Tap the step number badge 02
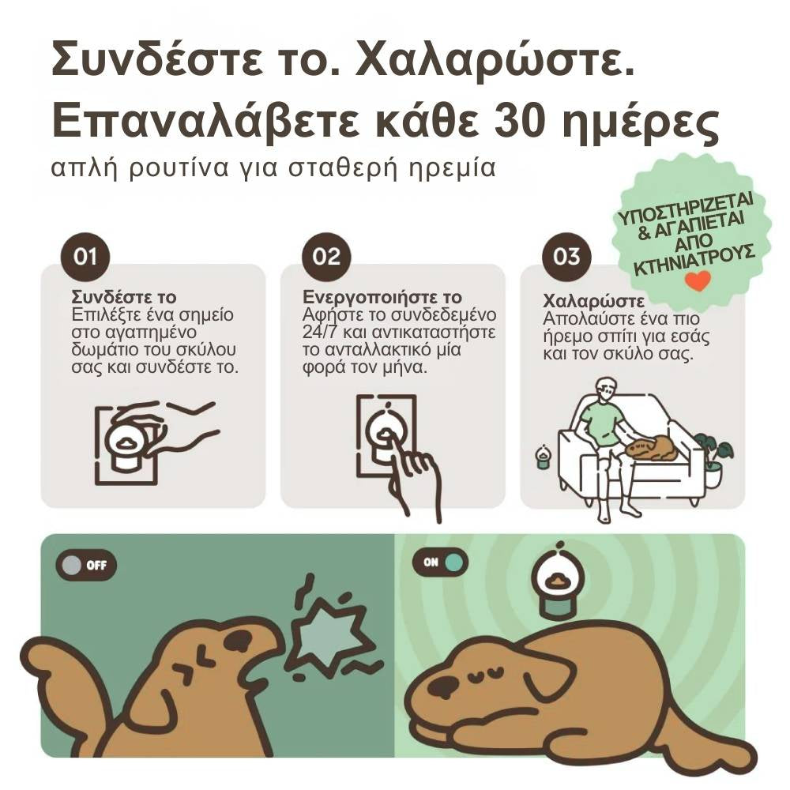(x=325, y=257)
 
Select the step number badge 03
(x=566, y=257)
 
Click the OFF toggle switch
(x=86, y=565)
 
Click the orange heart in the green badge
(x=697, y=280)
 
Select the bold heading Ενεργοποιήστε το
(x=382, y=298)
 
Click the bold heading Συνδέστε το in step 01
(x=123, y=298)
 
